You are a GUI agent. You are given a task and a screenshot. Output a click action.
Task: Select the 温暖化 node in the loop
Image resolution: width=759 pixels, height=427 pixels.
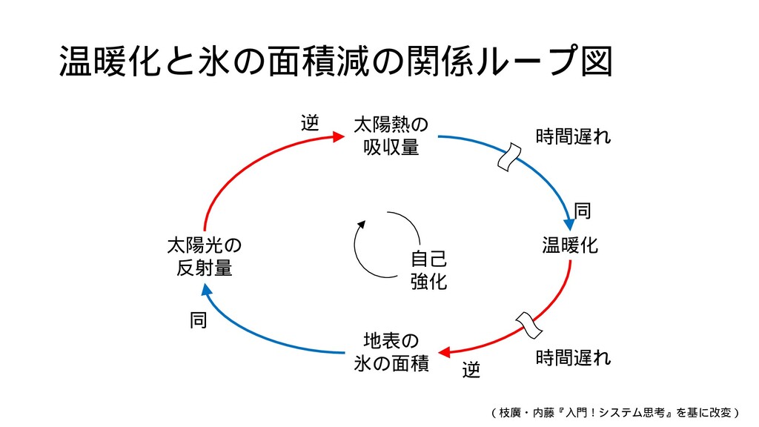(x=570, y=245)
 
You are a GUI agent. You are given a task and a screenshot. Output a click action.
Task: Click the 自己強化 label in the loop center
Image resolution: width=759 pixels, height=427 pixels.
(x=428, y=271)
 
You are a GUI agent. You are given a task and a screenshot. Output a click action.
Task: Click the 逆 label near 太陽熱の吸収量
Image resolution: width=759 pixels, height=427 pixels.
(x=309, y=123)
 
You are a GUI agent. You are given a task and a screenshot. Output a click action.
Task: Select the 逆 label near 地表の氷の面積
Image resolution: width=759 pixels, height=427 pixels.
(x=471, y=369)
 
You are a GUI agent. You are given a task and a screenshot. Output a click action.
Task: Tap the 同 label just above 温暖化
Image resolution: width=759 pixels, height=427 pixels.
(x=583, y=213)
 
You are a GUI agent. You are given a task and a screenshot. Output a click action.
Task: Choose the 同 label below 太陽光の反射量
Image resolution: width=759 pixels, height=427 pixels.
(x=198, y=321)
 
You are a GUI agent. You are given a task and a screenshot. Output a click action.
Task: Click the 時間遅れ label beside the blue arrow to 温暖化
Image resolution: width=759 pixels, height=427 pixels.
(x=573, y=136)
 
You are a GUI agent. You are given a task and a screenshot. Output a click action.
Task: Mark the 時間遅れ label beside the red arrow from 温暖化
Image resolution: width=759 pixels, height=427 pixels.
(x=573, y=358)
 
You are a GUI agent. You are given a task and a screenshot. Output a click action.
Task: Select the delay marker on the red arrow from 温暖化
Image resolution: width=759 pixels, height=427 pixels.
(x=528, y=325)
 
